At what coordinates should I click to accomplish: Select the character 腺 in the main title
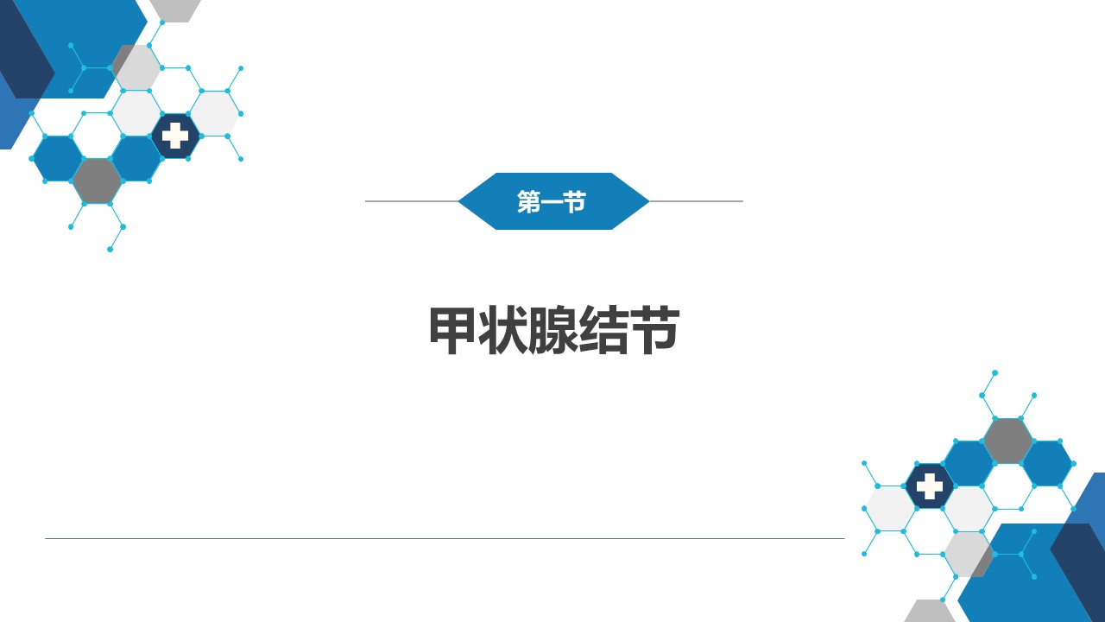point(553,330)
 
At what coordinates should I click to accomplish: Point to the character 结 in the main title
point(603,330)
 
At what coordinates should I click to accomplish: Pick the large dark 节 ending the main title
point(654,330)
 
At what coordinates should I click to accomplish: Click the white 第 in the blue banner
point(528,202)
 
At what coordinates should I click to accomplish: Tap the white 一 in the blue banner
point(552,202)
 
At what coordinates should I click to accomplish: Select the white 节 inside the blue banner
point(575,202)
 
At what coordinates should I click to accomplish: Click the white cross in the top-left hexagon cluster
point(175,136)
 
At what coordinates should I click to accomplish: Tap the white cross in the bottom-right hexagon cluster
point(930,486)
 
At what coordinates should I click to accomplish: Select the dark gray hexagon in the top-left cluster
point(98,181)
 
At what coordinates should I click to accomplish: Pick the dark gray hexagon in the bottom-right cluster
point(1007,441)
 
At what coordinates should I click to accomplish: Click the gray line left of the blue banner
point(412,201)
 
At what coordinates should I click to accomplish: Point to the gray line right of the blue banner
point(696,201)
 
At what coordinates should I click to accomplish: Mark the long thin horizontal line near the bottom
point(445,538)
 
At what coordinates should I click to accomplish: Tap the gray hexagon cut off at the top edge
point(175,10)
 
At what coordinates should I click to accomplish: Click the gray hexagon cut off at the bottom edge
point(930,612)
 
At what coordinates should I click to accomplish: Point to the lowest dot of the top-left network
point(110,250)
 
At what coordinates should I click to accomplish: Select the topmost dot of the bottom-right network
point(995,372)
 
